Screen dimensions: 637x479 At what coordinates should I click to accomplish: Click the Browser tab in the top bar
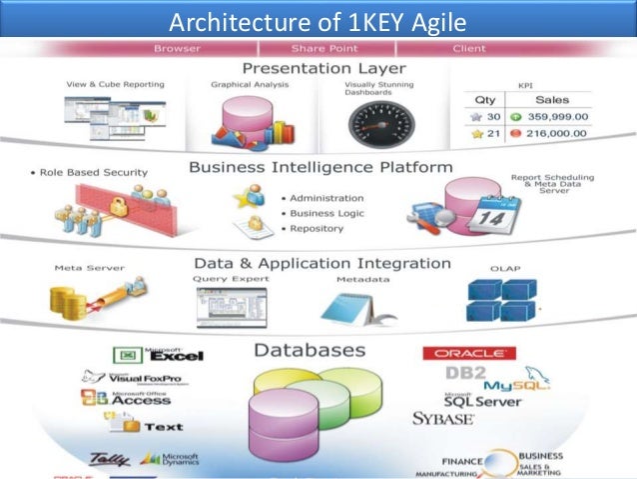coord(177,48)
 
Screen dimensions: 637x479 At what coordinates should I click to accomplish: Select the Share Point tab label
coord(318,48)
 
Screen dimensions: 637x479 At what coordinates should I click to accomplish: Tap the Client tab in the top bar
coord(468,48)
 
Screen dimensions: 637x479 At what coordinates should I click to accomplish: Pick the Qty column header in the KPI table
coord(484,99)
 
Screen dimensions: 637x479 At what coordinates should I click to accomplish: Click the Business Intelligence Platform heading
coord(319,167)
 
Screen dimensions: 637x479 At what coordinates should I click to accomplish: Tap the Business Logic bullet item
coord(326,213)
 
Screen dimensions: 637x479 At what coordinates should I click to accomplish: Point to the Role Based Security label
coord(94,173)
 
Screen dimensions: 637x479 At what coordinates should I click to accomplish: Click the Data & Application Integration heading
coord(321,263)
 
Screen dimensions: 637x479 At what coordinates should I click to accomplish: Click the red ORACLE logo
coord(469,353)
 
